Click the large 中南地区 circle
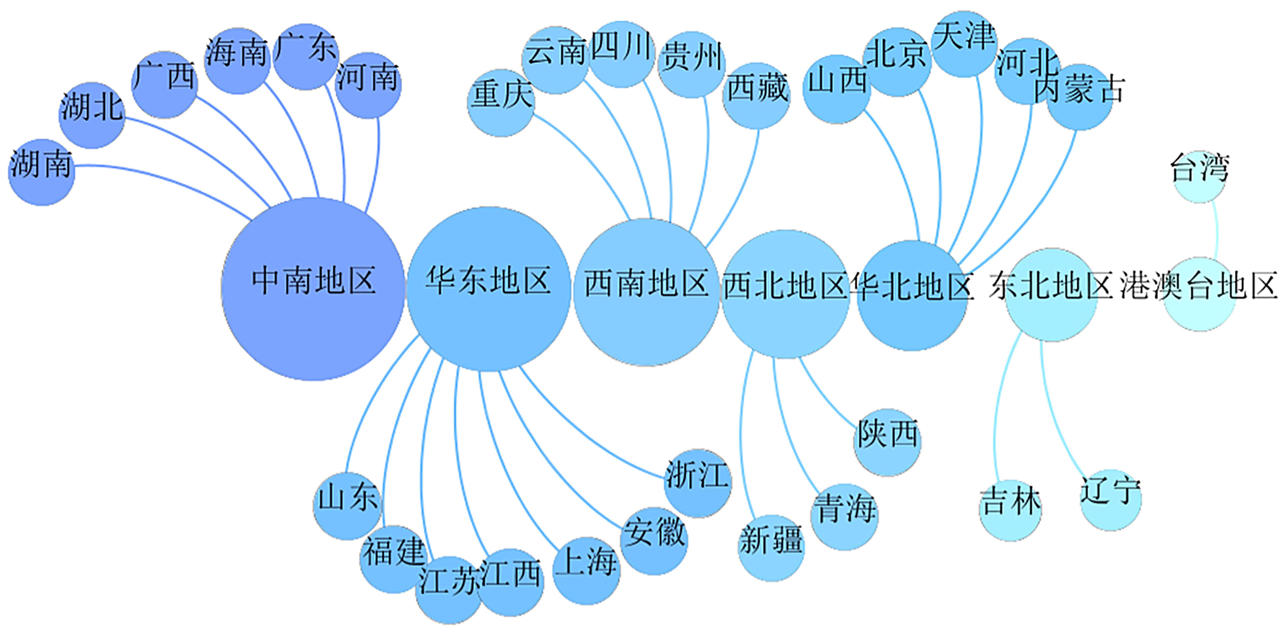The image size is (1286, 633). click(313, 289)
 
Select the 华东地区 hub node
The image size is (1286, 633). click(488, 289)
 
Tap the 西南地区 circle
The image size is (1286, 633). click(646, 292)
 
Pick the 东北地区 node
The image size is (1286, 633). click(1051, 295)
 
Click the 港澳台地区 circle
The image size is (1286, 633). click(1199, 294)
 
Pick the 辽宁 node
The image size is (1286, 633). click(1111, 500)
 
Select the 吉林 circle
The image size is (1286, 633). click(1010, 510)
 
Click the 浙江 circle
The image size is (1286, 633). click(697, 483)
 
